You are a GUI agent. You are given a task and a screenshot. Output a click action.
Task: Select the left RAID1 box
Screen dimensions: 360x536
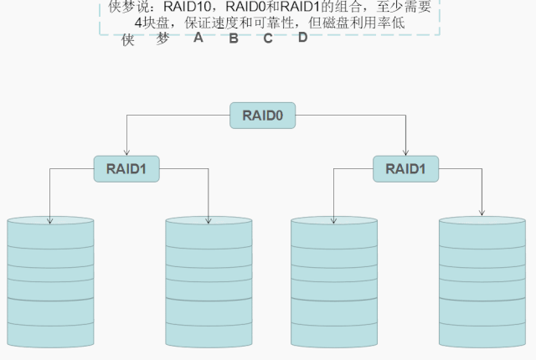(126, 167)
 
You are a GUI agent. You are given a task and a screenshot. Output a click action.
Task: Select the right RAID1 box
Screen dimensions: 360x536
(405, 168)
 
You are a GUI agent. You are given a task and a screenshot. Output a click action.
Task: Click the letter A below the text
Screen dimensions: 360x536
(198, 38)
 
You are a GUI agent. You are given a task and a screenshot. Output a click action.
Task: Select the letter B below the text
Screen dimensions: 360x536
(234, 39)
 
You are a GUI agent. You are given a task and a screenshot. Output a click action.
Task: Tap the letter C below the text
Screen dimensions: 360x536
(268, 39)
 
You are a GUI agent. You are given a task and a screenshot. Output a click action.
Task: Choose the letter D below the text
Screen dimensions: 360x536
(302, 38)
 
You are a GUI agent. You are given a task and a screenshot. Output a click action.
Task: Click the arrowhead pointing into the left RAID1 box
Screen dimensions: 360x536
(126, 152)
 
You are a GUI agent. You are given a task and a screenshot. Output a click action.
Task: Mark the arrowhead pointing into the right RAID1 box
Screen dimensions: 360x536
(406, 153)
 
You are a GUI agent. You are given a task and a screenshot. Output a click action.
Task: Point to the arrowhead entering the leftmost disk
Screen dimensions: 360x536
(50, 221)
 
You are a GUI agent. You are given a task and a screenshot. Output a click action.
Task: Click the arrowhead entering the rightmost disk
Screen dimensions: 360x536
(482, 213)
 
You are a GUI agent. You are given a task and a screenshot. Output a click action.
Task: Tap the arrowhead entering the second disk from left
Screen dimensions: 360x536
(209, 221)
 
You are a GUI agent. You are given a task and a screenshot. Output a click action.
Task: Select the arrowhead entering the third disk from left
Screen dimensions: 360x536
(333, 221)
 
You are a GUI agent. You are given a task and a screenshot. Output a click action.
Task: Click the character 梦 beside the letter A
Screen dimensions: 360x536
(162, 39)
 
